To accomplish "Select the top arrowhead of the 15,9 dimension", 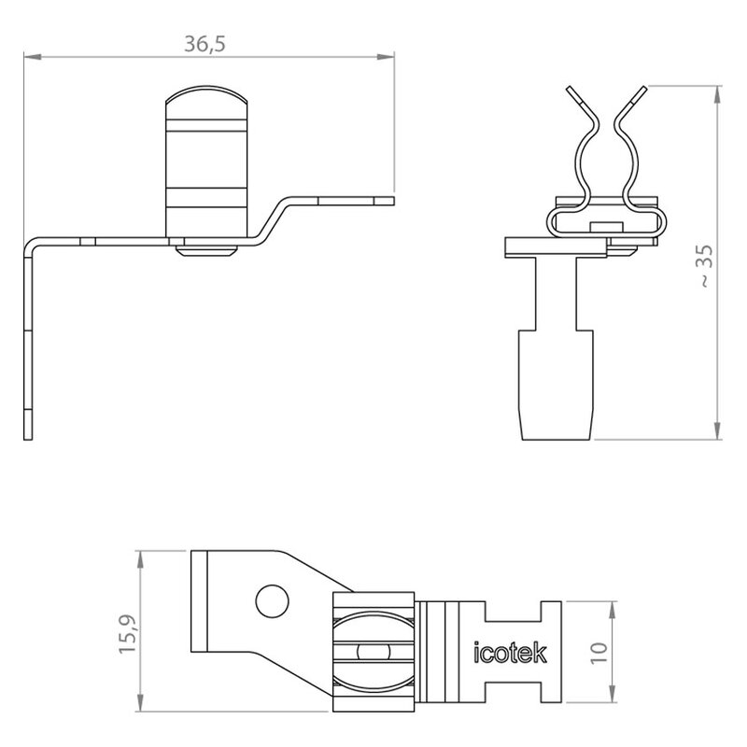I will pyautogui.click(x=139, y=556).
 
